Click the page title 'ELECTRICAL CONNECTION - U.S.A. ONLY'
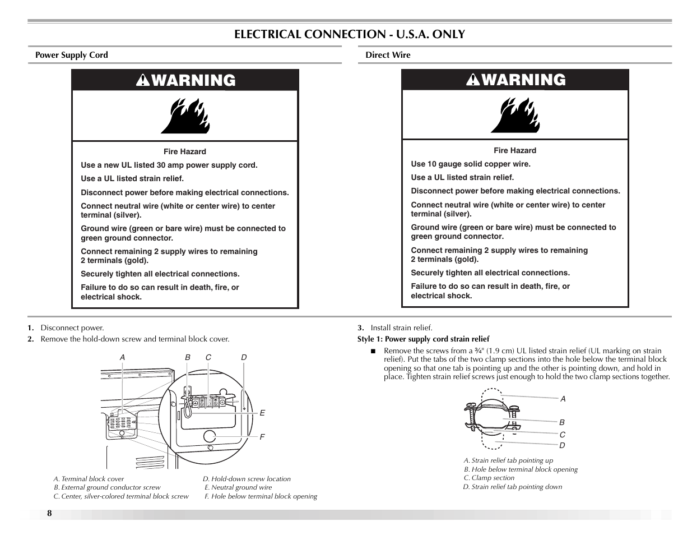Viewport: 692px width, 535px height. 349,34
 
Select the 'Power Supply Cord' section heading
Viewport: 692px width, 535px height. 71,55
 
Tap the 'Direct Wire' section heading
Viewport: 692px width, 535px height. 388,55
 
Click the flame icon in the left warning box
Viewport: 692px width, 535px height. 185,116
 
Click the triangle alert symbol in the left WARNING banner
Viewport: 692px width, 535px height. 143,81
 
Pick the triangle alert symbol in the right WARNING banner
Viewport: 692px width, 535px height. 473,80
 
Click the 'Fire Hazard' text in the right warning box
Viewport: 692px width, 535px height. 514,150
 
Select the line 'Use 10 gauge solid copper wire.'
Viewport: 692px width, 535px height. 470,164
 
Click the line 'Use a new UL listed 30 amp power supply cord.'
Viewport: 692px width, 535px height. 169,165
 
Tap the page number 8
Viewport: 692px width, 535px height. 49,514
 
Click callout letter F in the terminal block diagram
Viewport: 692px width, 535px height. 262,437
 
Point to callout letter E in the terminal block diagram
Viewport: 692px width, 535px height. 262,413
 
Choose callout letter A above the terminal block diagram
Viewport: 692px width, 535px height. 122,357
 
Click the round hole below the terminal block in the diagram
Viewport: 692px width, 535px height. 210,436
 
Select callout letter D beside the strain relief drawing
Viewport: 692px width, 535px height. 562,445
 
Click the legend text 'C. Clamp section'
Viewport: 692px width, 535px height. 489,478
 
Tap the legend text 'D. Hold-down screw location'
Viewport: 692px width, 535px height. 247,479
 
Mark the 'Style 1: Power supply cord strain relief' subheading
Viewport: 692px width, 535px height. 423,339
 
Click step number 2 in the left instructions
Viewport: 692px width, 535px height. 31,339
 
